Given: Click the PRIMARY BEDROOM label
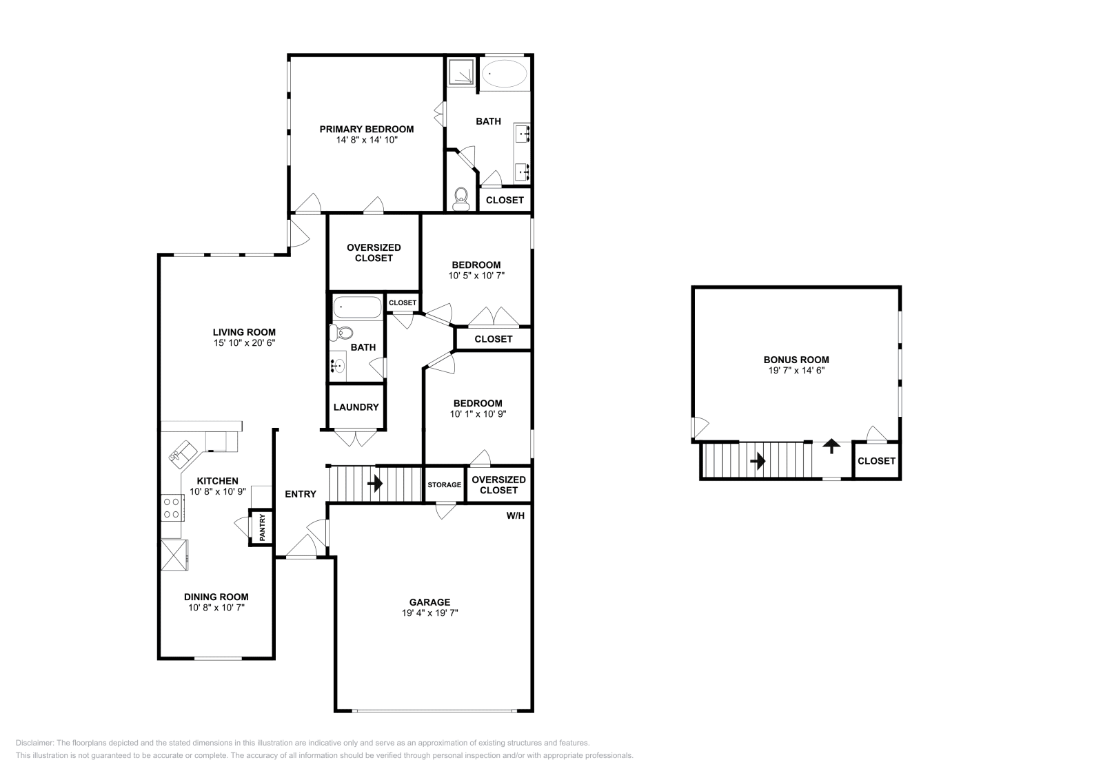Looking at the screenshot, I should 366,129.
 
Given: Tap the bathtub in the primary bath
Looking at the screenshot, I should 503,73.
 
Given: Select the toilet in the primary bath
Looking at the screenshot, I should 461,199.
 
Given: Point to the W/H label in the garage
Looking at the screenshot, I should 516,515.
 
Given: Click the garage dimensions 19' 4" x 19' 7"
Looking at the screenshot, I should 430,613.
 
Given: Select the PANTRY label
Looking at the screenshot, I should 262,528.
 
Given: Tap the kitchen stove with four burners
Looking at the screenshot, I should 171,509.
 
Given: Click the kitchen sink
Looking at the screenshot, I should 183,453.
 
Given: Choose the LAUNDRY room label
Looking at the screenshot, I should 356,407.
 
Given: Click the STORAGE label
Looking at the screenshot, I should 444,485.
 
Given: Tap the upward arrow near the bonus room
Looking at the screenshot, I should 832,446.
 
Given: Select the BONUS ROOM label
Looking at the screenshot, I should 796,360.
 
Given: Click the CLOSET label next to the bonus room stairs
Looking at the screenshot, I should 876,461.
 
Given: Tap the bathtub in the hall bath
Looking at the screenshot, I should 357,307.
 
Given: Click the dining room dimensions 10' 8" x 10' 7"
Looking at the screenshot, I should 216,608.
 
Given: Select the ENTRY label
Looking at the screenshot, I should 301,494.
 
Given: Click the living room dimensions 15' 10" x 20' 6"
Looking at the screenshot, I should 244,342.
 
